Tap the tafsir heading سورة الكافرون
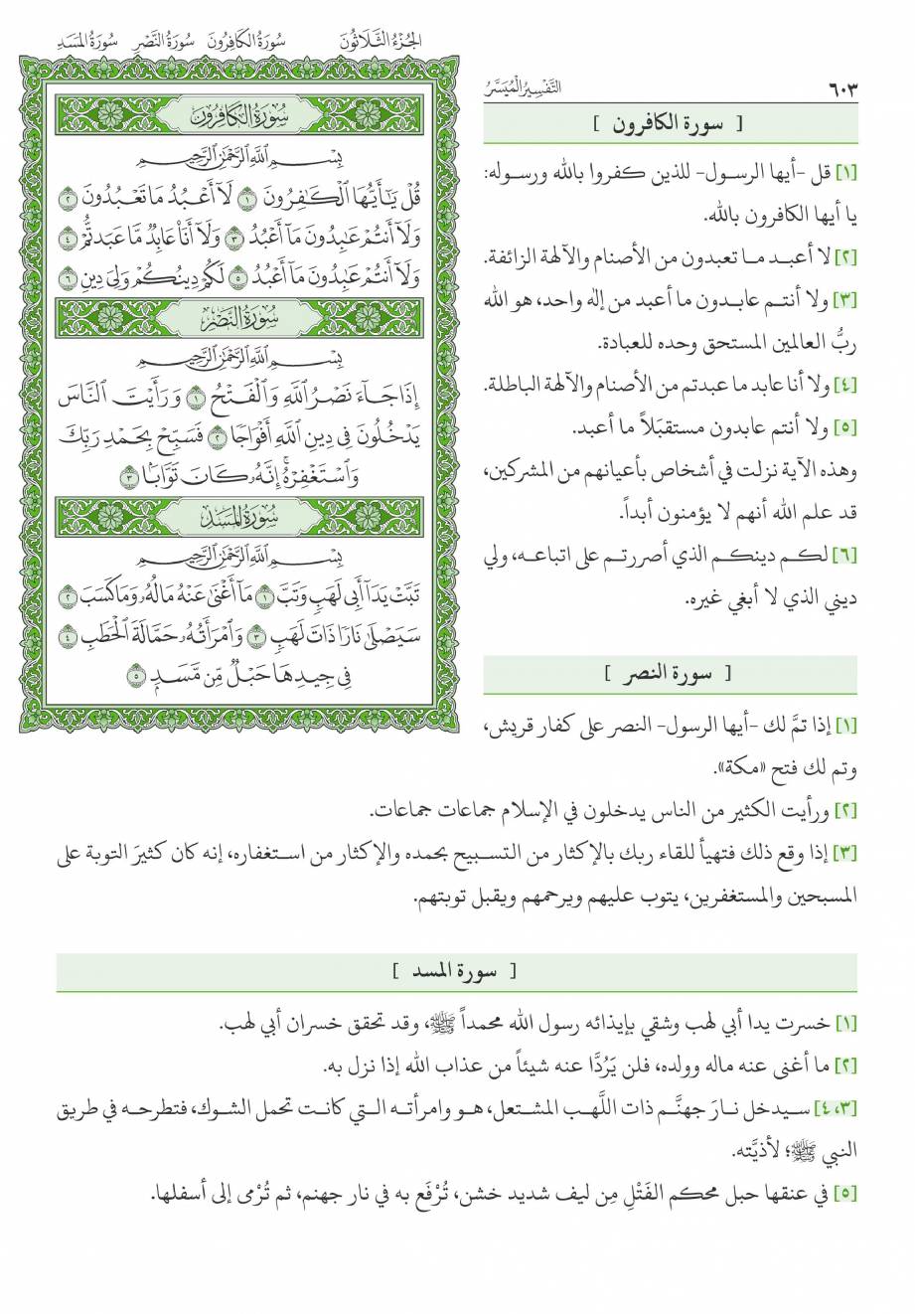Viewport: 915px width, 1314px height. pos(671,124)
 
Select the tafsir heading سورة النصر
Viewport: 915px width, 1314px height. pos(671,674)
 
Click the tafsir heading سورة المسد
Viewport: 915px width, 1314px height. pos(456,970)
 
